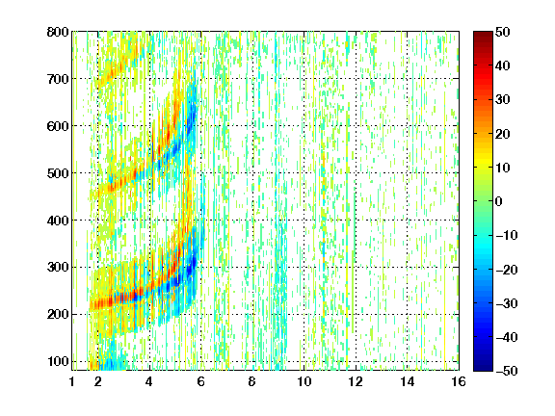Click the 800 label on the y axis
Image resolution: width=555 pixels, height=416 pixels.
58,32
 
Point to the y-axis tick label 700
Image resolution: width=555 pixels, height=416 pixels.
58,79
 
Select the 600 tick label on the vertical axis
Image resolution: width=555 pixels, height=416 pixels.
58,126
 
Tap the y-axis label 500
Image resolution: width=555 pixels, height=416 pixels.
58,173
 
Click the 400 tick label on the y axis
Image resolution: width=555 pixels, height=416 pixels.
58,221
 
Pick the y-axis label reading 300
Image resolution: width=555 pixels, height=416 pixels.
58,268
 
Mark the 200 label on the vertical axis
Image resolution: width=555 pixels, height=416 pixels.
58,315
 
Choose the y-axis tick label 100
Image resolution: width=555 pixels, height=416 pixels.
58,361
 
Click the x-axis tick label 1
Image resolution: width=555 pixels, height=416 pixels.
72,381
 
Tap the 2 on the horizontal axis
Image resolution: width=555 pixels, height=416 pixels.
98,381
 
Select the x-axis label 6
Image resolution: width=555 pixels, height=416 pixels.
201,381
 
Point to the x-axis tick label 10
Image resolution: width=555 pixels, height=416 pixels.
304,381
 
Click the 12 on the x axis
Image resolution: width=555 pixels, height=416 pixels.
356,381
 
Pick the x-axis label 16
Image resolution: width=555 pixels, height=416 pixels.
459,381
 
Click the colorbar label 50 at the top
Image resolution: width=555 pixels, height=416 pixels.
502,32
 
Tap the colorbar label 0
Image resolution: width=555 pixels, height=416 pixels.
499,201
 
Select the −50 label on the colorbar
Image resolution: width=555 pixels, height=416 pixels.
507,371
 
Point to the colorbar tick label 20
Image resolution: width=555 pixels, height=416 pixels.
502,134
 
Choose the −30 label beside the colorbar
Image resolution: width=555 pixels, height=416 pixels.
507,303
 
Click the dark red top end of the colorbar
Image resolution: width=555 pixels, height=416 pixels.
483,35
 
